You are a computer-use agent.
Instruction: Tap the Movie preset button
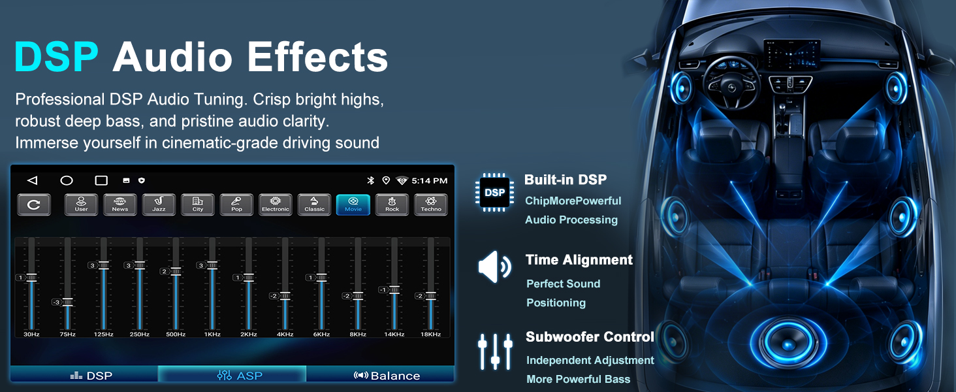pyautogui.click(x=353, y=204)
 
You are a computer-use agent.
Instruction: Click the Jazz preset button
pyautogui.click(x=159, y=204)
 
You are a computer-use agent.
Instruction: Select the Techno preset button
pyautogui.click(x=431, y=204)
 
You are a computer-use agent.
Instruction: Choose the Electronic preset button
pyautogui.click(x=276, y=204)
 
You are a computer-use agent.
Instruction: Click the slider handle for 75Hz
pyautogui.click(x=67, y=302)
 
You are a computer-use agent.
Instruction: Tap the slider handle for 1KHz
pyautogui.click(x=212, y=265)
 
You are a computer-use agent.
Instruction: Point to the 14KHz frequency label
pyautogui.click(x=394, y=334)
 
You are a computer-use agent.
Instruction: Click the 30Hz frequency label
pyautogui.click(x=31, y=334)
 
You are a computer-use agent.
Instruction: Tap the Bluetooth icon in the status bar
pyautogui.click(x=370, y=180)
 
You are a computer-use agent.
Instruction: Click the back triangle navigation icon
pyautogui.click(x=33, y=180)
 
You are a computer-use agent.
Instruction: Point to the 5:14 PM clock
pyautogui.click(x=429, y=180)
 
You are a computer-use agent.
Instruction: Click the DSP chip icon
pyautogui.click(x=494, y=193)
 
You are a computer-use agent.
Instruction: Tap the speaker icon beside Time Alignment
pyautogui.click(x=494, y=267)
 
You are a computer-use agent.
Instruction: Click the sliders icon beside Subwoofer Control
pyautogui.click(x=495, y=351)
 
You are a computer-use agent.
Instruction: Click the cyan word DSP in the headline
pyautogui.click(x=56, y=57)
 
